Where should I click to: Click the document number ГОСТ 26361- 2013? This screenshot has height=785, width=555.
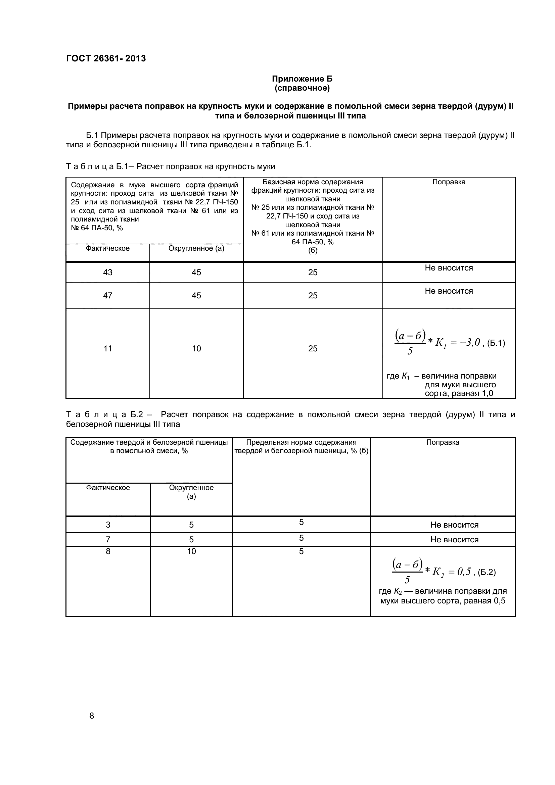pos(106,58)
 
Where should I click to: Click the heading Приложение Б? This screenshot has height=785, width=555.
pos(302,79)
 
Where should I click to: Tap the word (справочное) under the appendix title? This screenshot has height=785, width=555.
pos(302,88)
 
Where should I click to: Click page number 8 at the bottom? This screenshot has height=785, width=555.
pos(91,716)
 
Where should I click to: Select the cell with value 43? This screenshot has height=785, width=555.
pos(107,272)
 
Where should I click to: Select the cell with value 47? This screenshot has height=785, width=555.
pos(107,295)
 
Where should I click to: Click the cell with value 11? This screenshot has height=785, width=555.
pos(107,348)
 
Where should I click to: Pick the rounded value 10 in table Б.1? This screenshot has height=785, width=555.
pos(196,348)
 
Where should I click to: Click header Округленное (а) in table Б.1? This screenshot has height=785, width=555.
pos(196,248)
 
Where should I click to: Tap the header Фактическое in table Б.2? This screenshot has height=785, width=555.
pos(108,488)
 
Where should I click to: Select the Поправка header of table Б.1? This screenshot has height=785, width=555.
pos(449,182)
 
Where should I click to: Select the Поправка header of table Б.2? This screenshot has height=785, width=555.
pos(443,442)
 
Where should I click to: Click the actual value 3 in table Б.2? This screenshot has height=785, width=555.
pos(108,525)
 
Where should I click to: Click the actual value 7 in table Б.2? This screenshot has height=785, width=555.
pos(108,540)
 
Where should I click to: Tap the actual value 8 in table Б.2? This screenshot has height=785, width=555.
pos(108,551)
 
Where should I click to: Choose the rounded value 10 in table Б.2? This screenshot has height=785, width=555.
pos(191,551)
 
